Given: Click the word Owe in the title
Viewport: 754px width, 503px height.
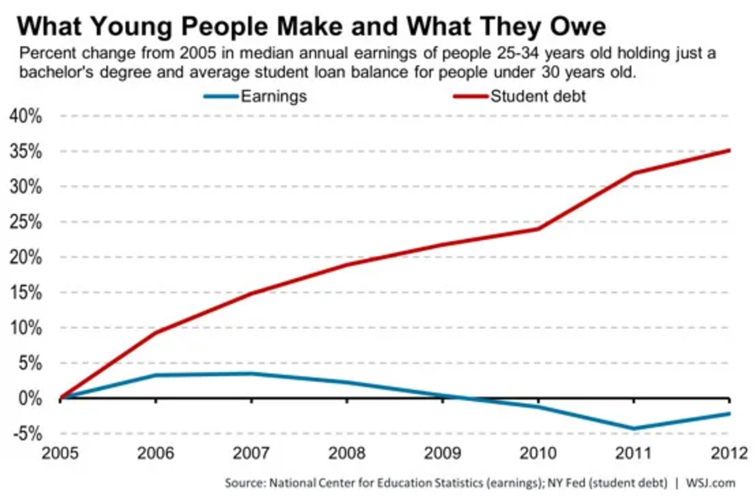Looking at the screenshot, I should point(577,26).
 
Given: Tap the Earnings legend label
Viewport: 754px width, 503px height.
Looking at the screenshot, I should point(274,96).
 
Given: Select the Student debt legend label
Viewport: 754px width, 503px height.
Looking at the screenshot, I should point(538,96).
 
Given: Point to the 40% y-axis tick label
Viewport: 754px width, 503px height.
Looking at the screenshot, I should point(26,116).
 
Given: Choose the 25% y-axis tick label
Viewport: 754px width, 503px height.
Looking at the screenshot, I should point(26,222).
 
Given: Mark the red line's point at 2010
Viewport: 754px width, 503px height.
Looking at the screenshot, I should point(538,229).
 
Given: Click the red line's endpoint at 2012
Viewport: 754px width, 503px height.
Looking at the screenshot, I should point(729,150).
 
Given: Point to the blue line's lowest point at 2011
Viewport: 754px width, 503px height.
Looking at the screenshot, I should point(634,428).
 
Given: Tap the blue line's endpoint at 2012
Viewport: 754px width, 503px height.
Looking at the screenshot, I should point(729,413).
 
